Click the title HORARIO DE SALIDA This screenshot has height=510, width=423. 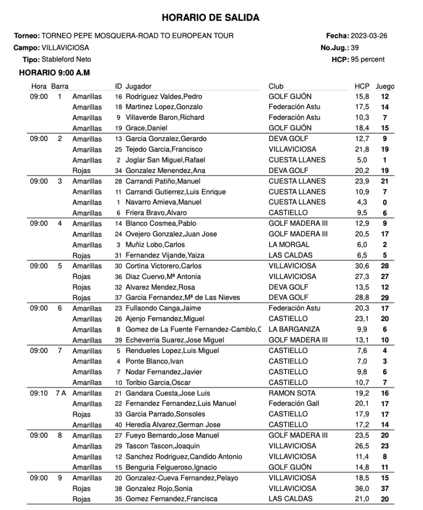pyautogui.click(x=211, y=18)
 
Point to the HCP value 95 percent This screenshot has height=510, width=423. pyautogui.click(x=368, y=59)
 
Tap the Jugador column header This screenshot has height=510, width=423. pyautogui.click(x=139, y=86)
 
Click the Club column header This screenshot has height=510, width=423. pyautogui.click(x=276, y=86)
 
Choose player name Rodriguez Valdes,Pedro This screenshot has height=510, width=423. pyautogui.click(x=164, y=97)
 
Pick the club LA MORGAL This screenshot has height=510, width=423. pyautogui.click(x=289, y=245)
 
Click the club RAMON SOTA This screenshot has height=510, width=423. pyautogui.click(x=292, y=393)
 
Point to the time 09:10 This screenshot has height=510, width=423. pyautogui.click(x=38, y=393)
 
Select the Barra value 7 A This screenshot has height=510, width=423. pyautogui.click(x=60, y=393)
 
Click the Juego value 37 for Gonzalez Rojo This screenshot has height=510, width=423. pyautogui.click(x=384, y=489)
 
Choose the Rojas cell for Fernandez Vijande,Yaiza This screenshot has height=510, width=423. pyautogui.click(x=82, y=255)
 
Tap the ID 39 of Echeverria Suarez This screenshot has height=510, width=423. pyautogui.click(x=118, y=340)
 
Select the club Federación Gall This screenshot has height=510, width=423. pyautogui.click(x=294, y=404)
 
